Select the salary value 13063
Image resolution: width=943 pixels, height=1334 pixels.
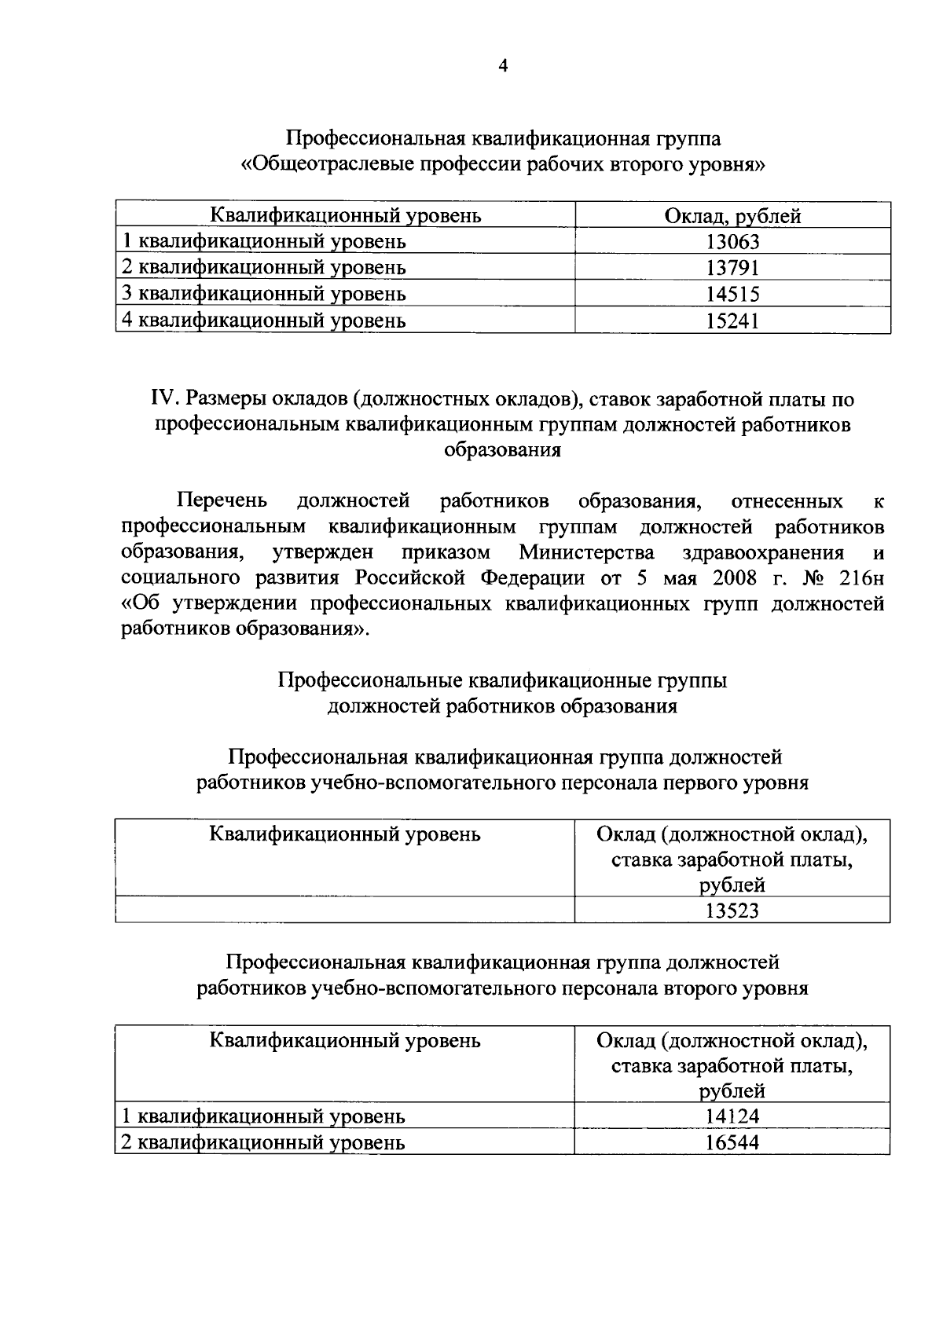732,242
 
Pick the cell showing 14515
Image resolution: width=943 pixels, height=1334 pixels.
732,295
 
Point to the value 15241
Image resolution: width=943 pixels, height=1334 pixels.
732,321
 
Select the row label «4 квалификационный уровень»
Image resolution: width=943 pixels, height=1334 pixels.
264,321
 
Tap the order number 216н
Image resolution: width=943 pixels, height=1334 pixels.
862,578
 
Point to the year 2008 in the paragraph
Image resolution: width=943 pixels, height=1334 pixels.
739,578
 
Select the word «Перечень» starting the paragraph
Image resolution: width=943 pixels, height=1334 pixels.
222,500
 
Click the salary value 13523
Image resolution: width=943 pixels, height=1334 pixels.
732,911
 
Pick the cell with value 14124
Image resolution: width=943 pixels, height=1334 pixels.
732,1116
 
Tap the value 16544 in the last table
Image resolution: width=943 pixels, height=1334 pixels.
732,1142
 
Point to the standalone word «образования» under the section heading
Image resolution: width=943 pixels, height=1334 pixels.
503,451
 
